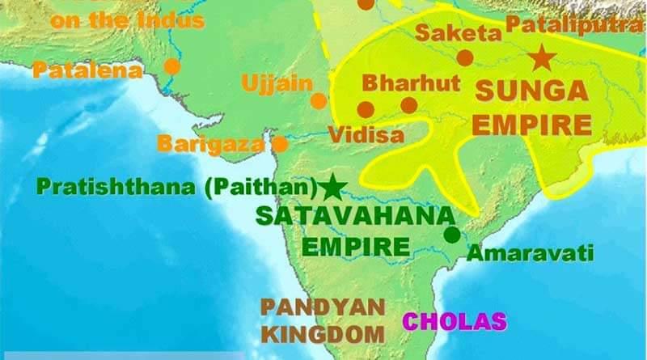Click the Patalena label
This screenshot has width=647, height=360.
pyautogui.click(x=87, y=70)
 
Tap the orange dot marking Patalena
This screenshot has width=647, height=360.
pyautogui.click(x=171, y=66)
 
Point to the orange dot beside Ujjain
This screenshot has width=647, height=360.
pyautogui.click(x=319, y=100)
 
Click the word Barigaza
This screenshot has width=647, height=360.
pyautogui.click(x=210, y=144)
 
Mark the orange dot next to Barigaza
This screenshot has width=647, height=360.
pyautogui.click(x=280, y=144)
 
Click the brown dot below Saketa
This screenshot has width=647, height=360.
pyautogui.click(x=464, y=57)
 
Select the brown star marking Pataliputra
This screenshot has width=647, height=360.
pyautogui.click(x=540, y=58)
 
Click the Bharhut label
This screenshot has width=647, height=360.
pyautogui.click(x=411, y=83)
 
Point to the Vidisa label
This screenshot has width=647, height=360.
pyautogui.click(x=366, y=134)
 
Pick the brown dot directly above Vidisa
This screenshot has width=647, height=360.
pyautogui.click(x=366, y=108)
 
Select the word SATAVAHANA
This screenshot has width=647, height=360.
pyautogui.click(x=352, y=217)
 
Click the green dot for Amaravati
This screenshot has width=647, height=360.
pyautogui.click(x=452, y=235)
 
